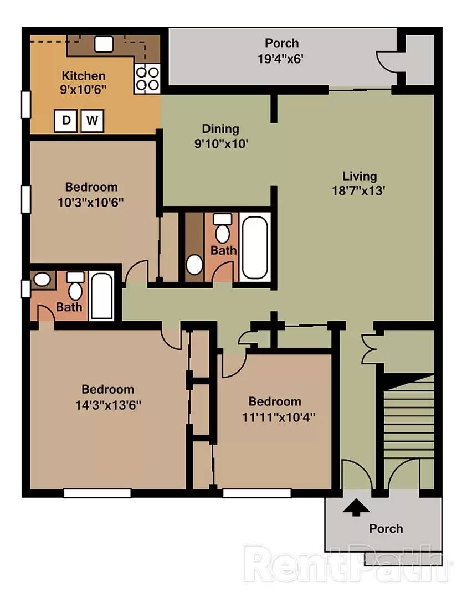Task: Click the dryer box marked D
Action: tap(65, 121)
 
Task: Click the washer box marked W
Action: tap(92, 121)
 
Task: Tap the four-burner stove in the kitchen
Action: tap(147, 79)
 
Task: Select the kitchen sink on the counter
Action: tap(104, 44)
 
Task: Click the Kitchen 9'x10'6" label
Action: tap(83, 83)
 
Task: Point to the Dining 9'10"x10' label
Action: tap(221, 136)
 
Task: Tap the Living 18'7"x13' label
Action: tap(359, 183)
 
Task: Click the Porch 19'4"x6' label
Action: tap(281, 51)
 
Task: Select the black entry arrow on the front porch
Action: tap(356, 507)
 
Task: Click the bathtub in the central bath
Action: tap(254, 247)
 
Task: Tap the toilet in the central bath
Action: tap(223, 229)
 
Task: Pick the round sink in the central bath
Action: tap(194, 264)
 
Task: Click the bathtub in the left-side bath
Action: tap(101, 296)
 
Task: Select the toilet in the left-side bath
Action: tap(75, 286)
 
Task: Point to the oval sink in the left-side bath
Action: tap(42, 280)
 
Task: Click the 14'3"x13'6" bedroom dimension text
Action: tap(108, 405)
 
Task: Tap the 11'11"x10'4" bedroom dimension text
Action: tap(279, 417)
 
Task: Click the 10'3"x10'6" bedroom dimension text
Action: tap(91, 202)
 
